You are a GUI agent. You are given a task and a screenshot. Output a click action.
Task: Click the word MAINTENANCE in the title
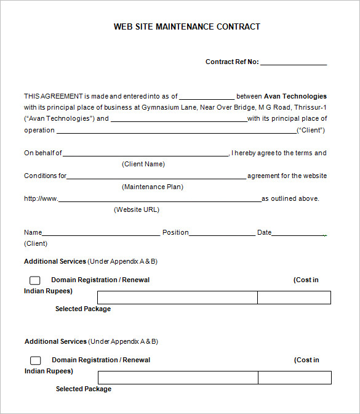pyautogui.click(x=185, y=26)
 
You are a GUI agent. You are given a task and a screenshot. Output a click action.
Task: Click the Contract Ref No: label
pyautogui.click(x=232, y=62)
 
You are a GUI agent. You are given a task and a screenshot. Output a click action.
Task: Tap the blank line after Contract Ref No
pyautogui.click(x=294, y=63)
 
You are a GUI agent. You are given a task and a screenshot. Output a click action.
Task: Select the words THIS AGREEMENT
pyautogui.click(x=53, y=96)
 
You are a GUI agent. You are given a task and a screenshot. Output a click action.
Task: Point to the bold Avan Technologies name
pyautogui.click(x=295, y=96)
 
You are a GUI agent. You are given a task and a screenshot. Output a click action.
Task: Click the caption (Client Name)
pyautogui.click(x=143, y=164)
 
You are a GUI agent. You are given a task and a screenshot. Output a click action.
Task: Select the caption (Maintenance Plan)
pyautogui.click(x=153, y=187)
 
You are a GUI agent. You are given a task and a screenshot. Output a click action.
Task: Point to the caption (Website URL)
pyautogui.click(x=137, y=209)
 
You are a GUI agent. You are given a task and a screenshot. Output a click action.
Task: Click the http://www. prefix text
pyautogui.click(x=41, y=198)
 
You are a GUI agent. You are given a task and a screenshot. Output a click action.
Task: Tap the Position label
pyautogui.click(x=175, y=232)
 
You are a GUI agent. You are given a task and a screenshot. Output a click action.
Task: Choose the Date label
pyautogui.click(x=264, y=232)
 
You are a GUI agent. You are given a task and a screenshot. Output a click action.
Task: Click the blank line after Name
pyautogui.click(x=101, y=234)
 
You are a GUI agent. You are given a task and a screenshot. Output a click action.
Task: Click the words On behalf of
pyautogui.click(x=43, y=153)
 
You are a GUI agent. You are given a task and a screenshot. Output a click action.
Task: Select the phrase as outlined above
pyautogui.click(x=290, y=198)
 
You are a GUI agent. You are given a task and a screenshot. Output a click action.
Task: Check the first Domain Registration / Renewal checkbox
pyautogui.click(x=35, y=280)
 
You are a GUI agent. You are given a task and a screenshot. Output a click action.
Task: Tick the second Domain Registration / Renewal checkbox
pyautogui.click(x=36, y=360)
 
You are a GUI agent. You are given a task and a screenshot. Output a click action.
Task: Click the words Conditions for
pyautogui.click(x=45, y=176)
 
